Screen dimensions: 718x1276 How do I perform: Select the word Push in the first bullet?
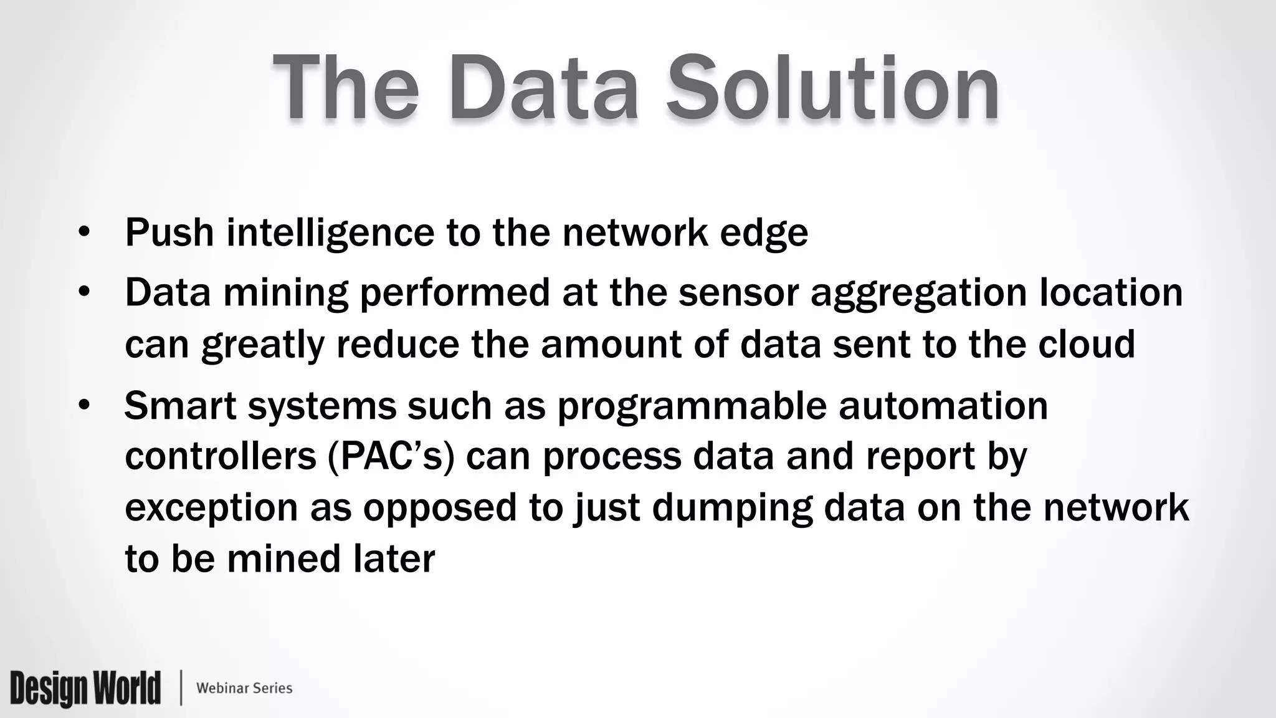[x=169, y=232]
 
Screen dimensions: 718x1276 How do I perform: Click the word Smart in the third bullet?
[x=180, y=405]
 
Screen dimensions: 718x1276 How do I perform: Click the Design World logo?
[x=85, y=688]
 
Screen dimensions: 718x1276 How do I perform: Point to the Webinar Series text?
[x=244, y=688]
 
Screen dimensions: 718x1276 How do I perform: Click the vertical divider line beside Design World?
[x=181, y=688]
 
